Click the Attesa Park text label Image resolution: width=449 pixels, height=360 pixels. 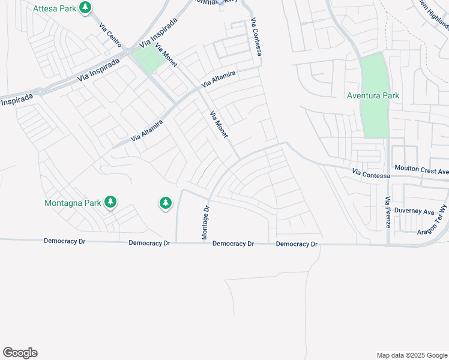(55, 8)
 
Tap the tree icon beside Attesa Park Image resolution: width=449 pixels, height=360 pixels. (86, 8)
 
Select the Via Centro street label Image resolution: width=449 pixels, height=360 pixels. (111, 37)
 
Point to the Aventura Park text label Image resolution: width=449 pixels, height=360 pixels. (373, 95)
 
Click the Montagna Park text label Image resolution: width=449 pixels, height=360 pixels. (73, 203)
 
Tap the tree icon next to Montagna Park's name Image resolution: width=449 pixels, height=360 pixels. (110, 202)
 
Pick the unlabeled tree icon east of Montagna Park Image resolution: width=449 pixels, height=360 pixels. (166, 203)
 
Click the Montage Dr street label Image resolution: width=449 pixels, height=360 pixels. (205, 223)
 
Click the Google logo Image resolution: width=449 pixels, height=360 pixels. (20, 353)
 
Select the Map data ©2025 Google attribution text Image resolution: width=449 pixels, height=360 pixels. (411, 355)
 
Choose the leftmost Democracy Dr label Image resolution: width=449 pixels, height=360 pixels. (65, 241)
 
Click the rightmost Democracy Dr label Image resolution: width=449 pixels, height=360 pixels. (297, 244)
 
